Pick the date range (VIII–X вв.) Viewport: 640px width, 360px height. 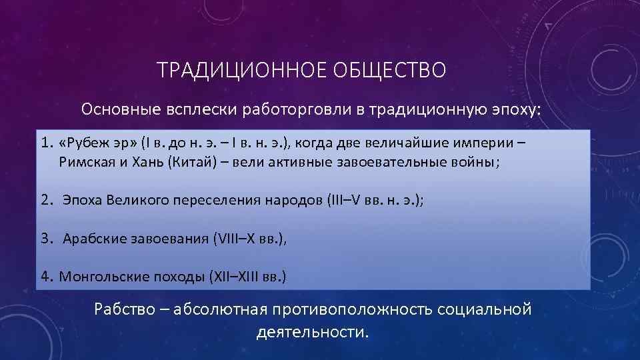coord(249,239)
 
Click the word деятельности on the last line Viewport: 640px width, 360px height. coord(311,331)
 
